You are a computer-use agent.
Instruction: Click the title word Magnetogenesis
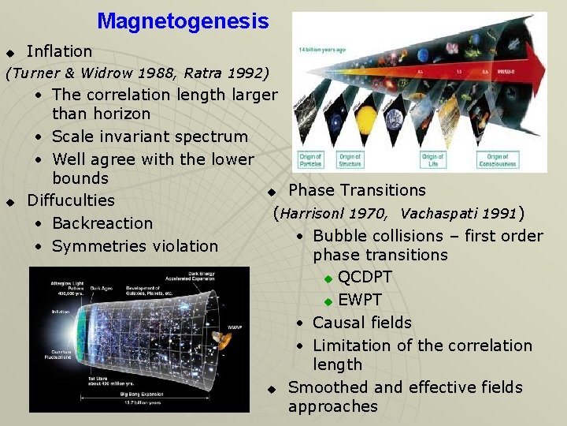(x=183, y=21)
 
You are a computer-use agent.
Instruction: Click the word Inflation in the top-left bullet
(x=59, y=51)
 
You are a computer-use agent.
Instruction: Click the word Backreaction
(x=102, y=223)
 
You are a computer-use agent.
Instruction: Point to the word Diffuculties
(x=71, y=200)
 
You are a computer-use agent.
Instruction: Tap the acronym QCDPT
(x=365, y=278)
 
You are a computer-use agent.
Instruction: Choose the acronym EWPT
(x=359, y=301)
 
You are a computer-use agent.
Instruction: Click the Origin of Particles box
(x=310, y=160)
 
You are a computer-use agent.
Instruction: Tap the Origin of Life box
(x=433, y=160)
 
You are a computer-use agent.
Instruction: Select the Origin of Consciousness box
(x=498, y=160)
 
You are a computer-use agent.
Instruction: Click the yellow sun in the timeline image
(x=367, y=119)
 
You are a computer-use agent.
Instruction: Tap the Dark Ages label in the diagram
(x=101, y=290)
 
